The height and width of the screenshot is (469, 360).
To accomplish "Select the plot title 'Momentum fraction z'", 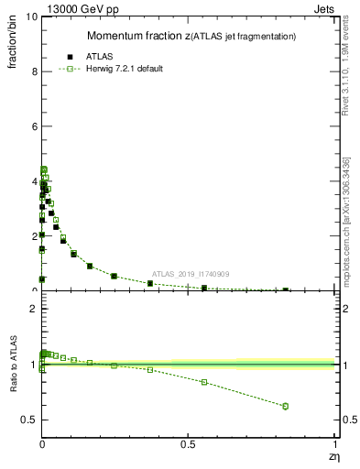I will coord(137,36).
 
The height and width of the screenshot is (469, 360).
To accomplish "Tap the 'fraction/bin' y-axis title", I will coord(14,45).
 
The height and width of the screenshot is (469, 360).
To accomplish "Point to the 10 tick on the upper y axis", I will coord(31,17).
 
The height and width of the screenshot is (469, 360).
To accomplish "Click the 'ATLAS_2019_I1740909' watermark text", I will coord(191,274).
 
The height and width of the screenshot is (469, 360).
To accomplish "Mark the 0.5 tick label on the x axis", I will coord(188,445).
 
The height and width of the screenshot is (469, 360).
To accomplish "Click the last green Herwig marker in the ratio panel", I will coord(286,406).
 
